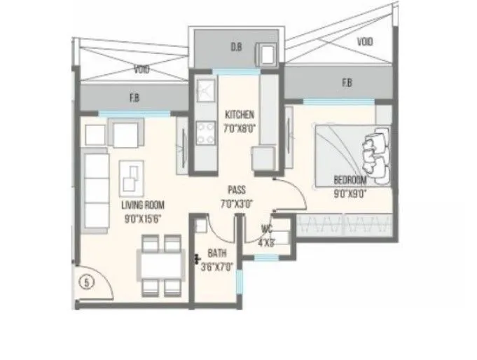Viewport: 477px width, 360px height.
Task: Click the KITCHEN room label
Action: click(x=240, y=115)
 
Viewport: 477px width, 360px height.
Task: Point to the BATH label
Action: click(x=214, y=256)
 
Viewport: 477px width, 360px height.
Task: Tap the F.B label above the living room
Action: click(x=133, y=98)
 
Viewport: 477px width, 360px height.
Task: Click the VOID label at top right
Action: click(x=364, y=41)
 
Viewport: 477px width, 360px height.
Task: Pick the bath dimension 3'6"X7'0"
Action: click(x=215, y=267)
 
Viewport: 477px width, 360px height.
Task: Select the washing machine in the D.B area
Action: click(x=268, y=54)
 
